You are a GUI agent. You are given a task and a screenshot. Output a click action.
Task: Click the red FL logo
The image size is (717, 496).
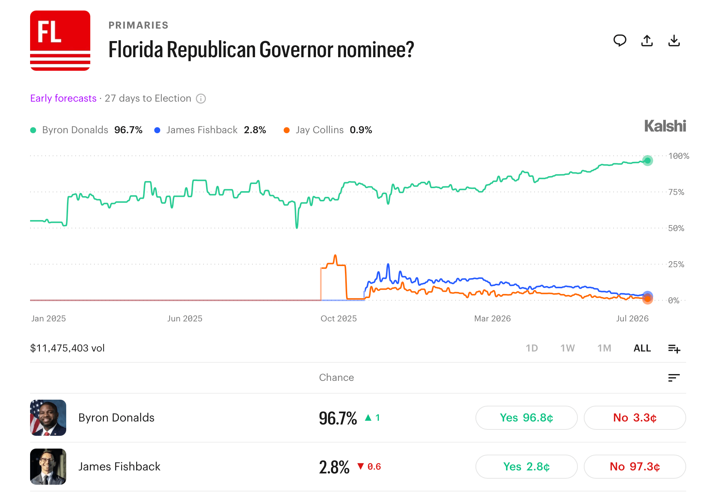tap(60, 41)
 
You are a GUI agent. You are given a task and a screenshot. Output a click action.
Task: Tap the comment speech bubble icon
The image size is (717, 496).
tap(620, 40)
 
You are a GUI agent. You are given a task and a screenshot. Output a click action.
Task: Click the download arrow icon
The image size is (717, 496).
tap(674, 40)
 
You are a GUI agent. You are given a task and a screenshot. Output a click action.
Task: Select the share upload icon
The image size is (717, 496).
tap(647, 40)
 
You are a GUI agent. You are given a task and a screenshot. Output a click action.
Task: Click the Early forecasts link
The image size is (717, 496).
tap(63, 98)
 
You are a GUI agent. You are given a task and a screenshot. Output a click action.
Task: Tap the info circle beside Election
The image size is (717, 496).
tap(201, 99)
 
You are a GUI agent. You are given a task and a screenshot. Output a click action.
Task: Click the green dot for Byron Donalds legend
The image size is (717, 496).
tap(33, 130)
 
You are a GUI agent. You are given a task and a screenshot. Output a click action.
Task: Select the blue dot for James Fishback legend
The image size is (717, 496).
tap(157, 130)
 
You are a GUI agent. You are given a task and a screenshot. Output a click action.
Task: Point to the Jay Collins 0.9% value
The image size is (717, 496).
tap(361, 130)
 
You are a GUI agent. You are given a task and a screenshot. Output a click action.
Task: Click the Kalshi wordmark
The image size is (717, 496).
tap(665, 126)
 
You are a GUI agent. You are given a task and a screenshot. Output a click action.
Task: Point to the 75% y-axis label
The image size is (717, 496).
tap(676, 192)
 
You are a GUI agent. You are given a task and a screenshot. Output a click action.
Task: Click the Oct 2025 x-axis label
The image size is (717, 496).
tap(339, 318)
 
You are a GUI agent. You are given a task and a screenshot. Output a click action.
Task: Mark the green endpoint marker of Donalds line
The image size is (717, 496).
tap(647, 161)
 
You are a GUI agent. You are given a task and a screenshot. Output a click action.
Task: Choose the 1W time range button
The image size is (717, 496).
tap(567, 348)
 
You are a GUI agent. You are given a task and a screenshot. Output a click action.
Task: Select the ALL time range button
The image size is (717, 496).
tap(642, 348)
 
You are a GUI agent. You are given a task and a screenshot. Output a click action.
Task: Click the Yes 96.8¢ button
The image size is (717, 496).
tap(526, 418)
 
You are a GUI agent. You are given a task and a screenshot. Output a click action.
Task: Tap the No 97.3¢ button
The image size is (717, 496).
tap(635, 467)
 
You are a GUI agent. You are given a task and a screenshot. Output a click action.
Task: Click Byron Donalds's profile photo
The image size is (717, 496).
tap(48, 418)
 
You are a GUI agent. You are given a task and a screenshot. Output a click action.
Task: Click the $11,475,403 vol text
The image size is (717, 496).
tap(67, 348)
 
